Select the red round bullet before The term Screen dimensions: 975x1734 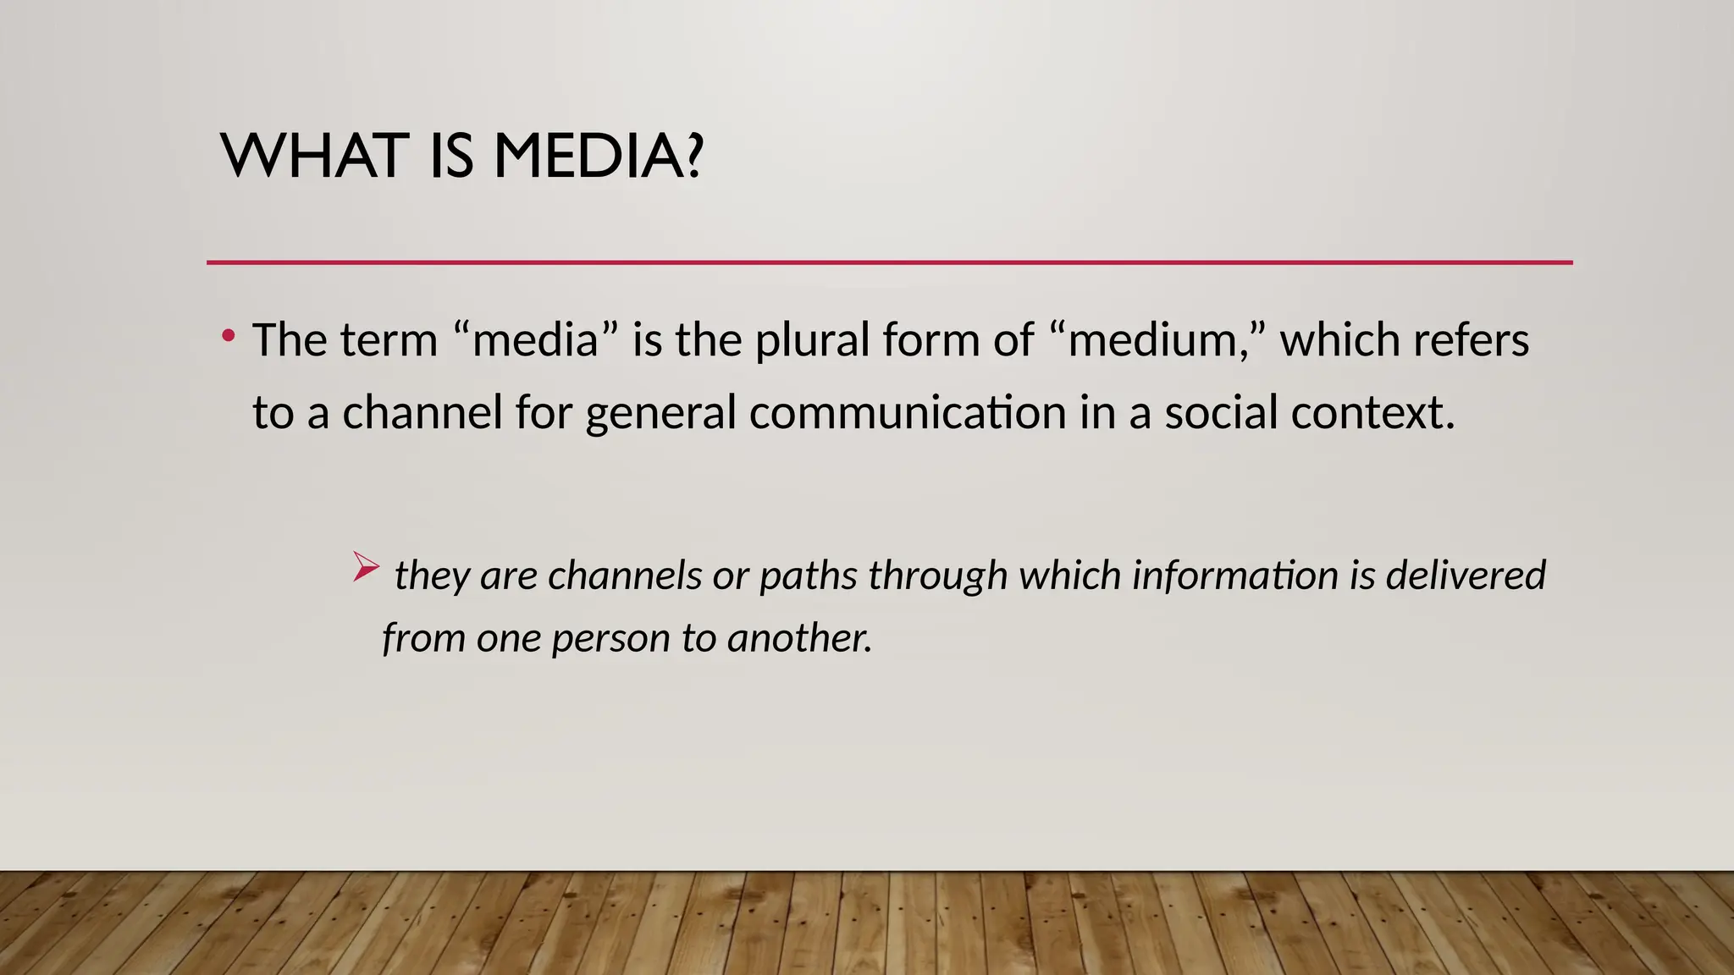[x=228, y=337]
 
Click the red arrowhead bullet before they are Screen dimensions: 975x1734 [x=365, y=566]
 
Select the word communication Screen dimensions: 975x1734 [x=908, y=413]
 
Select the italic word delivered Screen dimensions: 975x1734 [x=1465, y=576]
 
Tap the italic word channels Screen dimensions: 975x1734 [x=625, y=576]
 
